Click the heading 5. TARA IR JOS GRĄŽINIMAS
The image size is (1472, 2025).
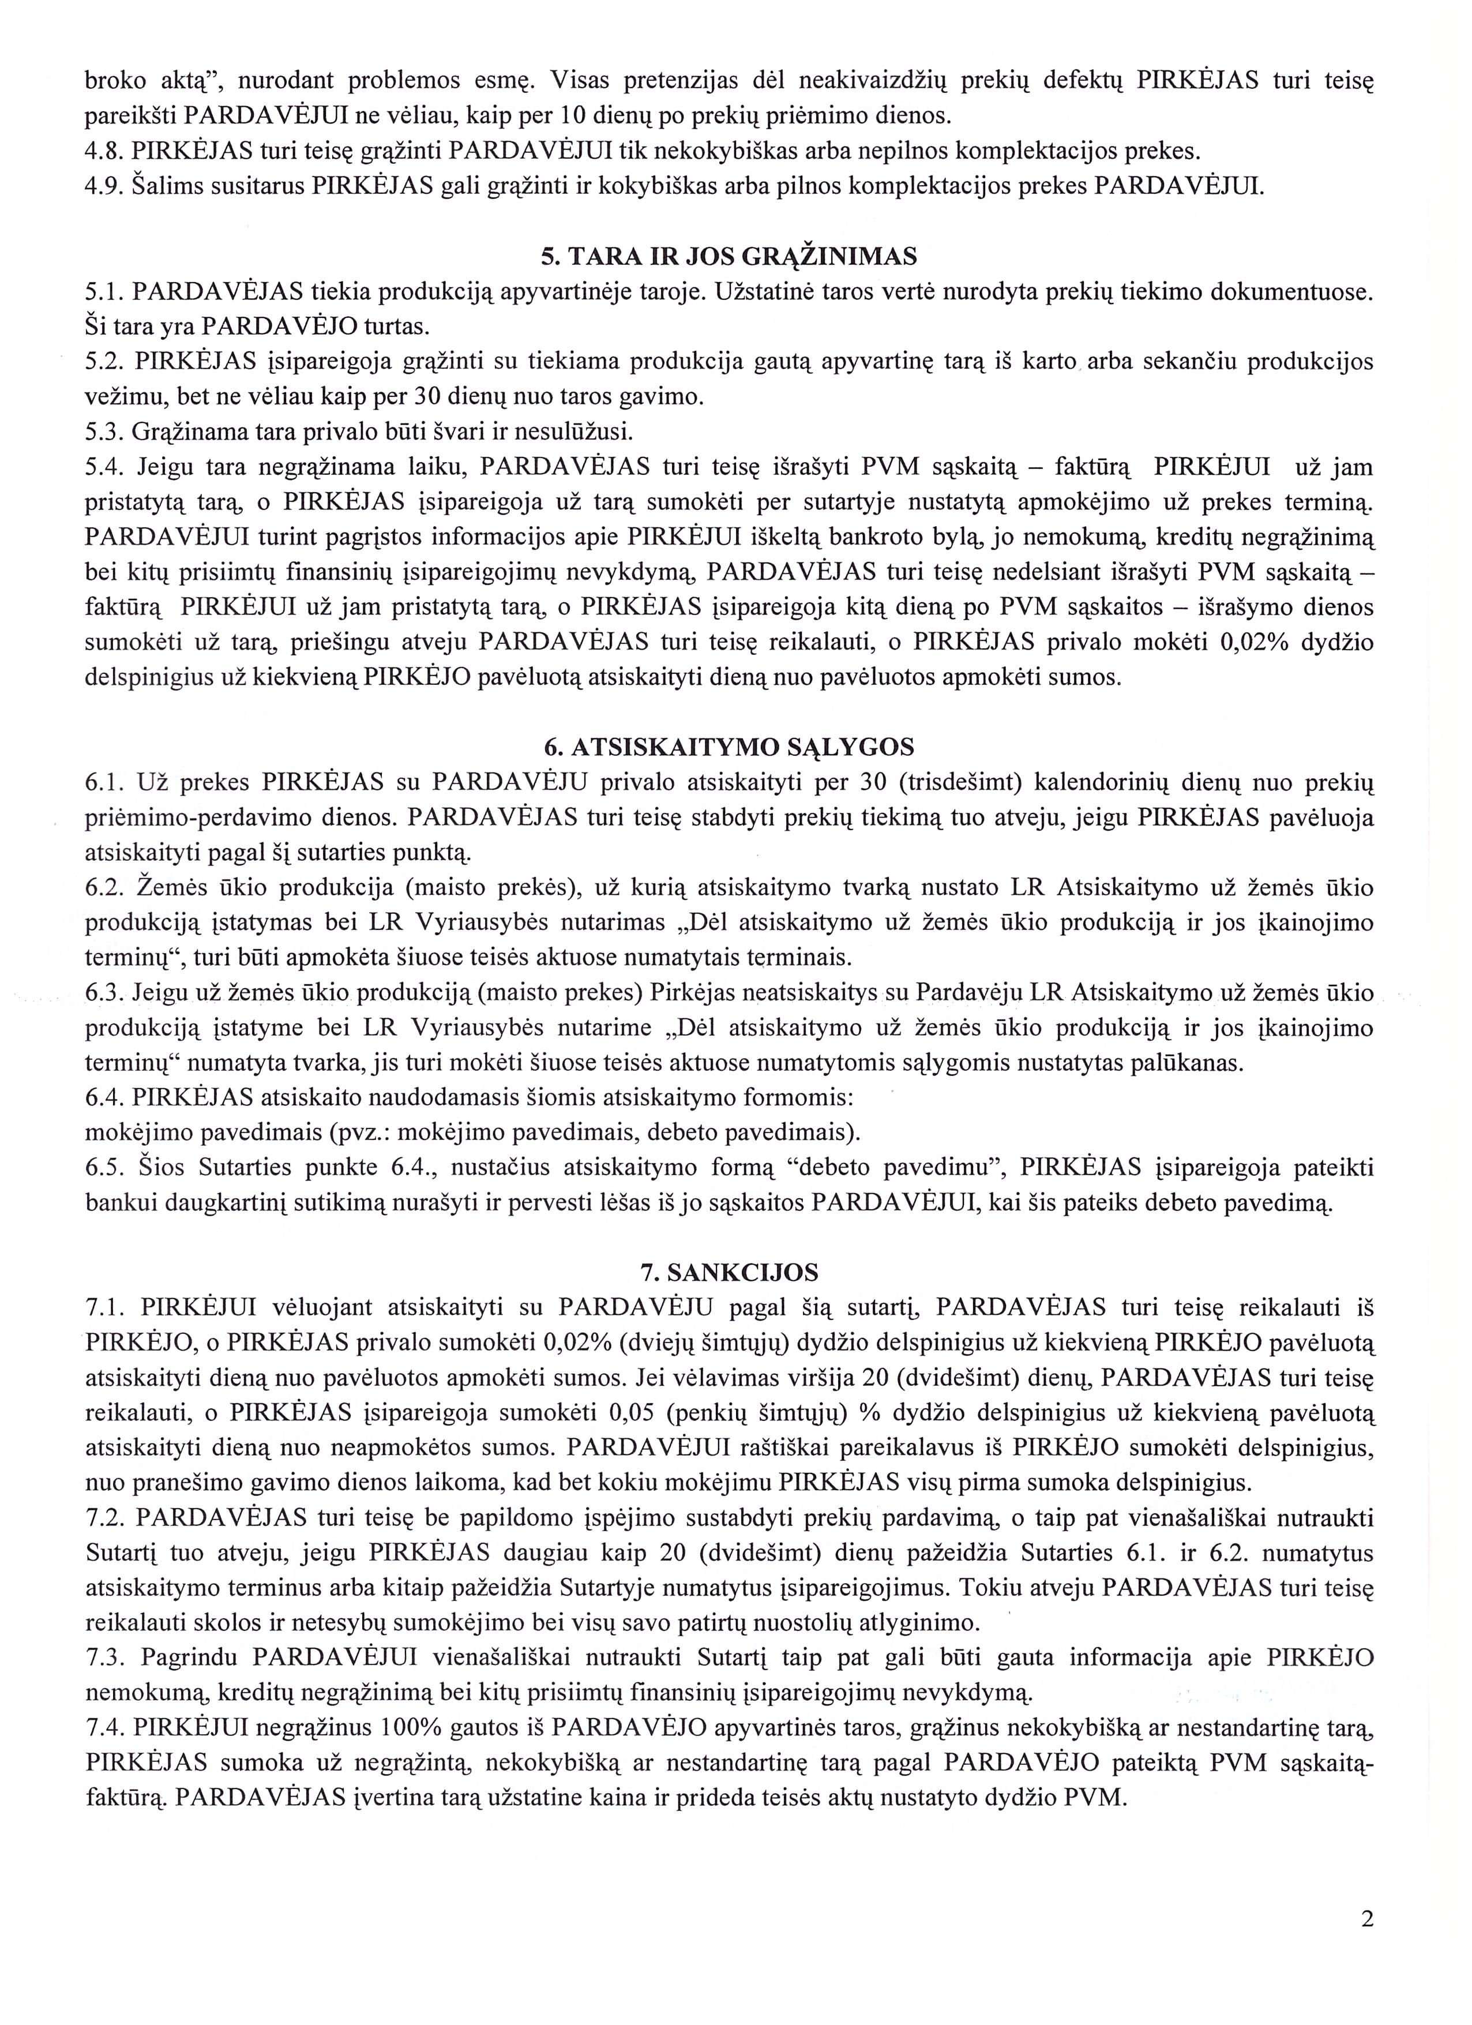point(729,257)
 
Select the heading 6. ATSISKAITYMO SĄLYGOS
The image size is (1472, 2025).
point(729,747)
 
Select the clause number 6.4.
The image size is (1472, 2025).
point(104,1097)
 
